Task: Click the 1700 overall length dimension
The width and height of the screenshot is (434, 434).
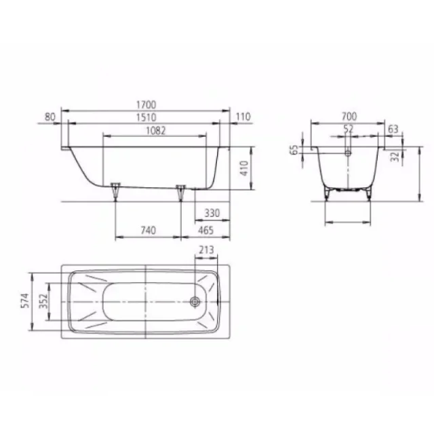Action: pos(146,104)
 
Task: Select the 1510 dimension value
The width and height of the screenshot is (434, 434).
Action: pos(146,117)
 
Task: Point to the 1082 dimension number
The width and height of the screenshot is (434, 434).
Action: pos(155,130)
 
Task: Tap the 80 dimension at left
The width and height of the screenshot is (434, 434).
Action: pos(49,117)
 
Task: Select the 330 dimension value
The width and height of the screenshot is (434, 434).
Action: pos(212,214)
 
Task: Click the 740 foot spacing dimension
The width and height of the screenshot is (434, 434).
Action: pos(148,231)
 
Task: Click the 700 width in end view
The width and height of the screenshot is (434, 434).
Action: pos(349,117)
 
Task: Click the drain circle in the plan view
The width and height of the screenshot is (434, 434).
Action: pos(196,302)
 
